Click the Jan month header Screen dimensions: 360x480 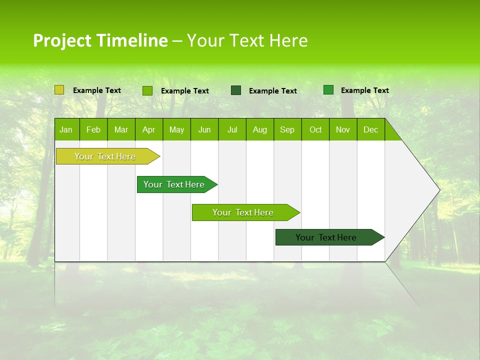point(66,129)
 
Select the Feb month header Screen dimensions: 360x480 point(93,129)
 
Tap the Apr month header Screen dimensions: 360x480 point(149,129)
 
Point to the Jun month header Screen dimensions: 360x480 point(204,129)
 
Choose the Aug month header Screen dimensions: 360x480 point(260,129)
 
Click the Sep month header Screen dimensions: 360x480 point(287,129)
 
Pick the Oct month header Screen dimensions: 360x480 point(315,129)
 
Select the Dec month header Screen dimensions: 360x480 point(371,129)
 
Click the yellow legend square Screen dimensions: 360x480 point(59,90)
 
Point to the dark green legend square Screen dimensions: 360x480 point(236,90)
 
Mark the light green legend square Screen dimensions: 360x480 point(147,90)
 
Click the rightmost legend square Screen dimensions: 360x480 point(328,90)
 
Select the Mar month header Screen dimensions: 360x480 point(121,129)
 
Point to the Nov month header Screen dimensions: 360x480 point(343,129)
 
